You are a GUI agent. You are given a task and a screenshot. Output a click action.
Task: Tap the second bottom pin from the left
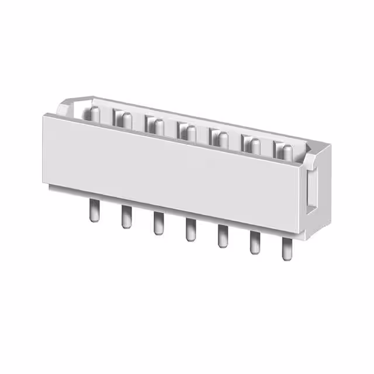126,217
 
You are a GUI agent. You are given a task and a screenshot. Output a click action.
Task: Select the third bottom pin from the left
158,224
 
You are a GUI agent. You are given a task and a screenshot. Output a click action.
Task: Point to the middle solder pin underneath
190,230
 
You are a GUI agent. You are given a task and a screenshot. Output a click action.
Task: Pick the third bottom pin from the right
222,236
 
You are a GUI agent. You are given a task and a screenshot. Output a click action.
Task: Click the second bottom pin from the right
254,243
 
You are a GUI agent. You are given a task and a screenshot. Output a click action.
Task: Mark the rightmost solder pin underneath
286,249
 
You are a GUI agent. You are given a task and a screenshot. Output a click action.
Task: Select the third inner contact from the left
155,125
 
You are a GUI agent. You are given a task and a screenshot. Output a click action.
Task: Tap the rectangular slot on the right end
313,190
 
